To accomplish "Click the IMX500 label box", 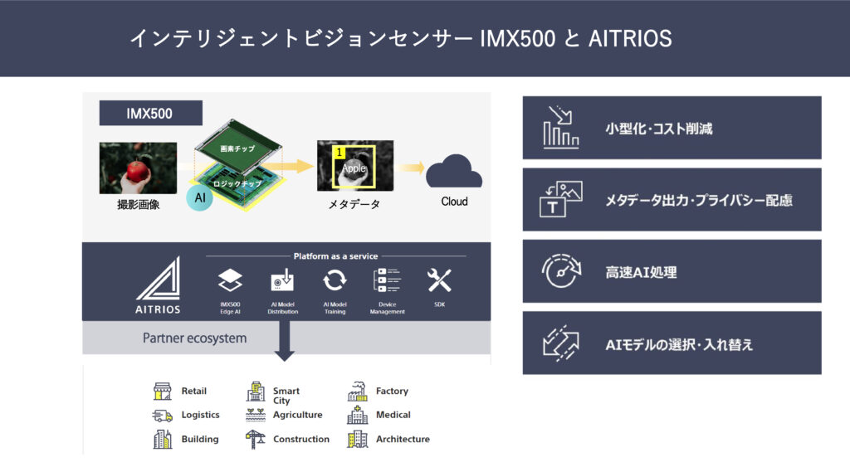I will click(x=150, y=114).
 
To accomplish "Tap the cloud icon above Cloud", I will click(x=453, y=173).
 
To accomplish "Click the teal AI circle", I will click(x=199, y=197).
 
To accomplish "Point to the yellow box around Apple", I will click(x=354, y=166).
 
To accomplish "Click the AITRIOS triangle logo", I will click(x=159, y=280).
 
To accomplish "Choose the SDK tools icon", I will click(x=439, y=280).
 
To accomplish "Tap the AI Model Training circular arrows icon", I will click(x=335, y=280).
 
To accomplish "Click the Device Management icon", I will click(x=387, y=280).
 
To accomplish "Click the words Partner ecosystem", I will click(x=194, y=338).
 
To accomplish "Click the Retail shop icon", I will click(x=163, y=392).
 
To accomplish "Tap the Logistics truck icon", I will click(x=163, y=415).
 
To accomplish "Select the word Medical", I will click(x=393, y=415).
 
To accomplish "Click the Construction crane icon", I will click(x=256, y=439).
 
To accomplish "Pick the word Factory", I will click(x=392, y=391).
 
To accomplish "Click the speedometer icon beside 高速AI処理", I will click(x=556, y=271).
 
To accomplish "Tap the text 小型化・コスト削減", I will click(x=659, y=129).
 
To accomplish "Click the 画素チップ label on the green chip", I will click(x=237, y=148).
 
